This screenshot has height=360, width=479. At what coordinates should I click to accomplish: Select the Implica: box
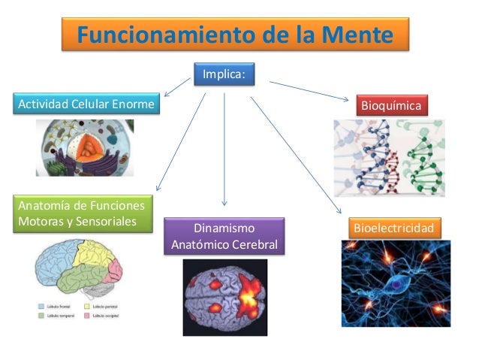pyautogui.click(x=224, y=74)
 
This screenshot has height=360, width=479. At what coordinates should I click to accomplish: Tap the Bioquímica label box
pyautogui.click(x=394, y=105)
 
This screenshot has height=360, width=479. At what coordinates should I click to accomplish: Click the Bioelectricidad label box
pyautogui.click(x=393, y=227)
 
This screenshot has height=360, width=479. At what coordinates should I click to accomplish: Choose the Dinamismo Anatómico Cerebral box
pyautogui.click(x=224, y=237)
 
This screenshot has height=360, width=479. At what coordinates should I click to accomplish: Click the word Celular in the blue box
pyautogui.click(x=94, y=102)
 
